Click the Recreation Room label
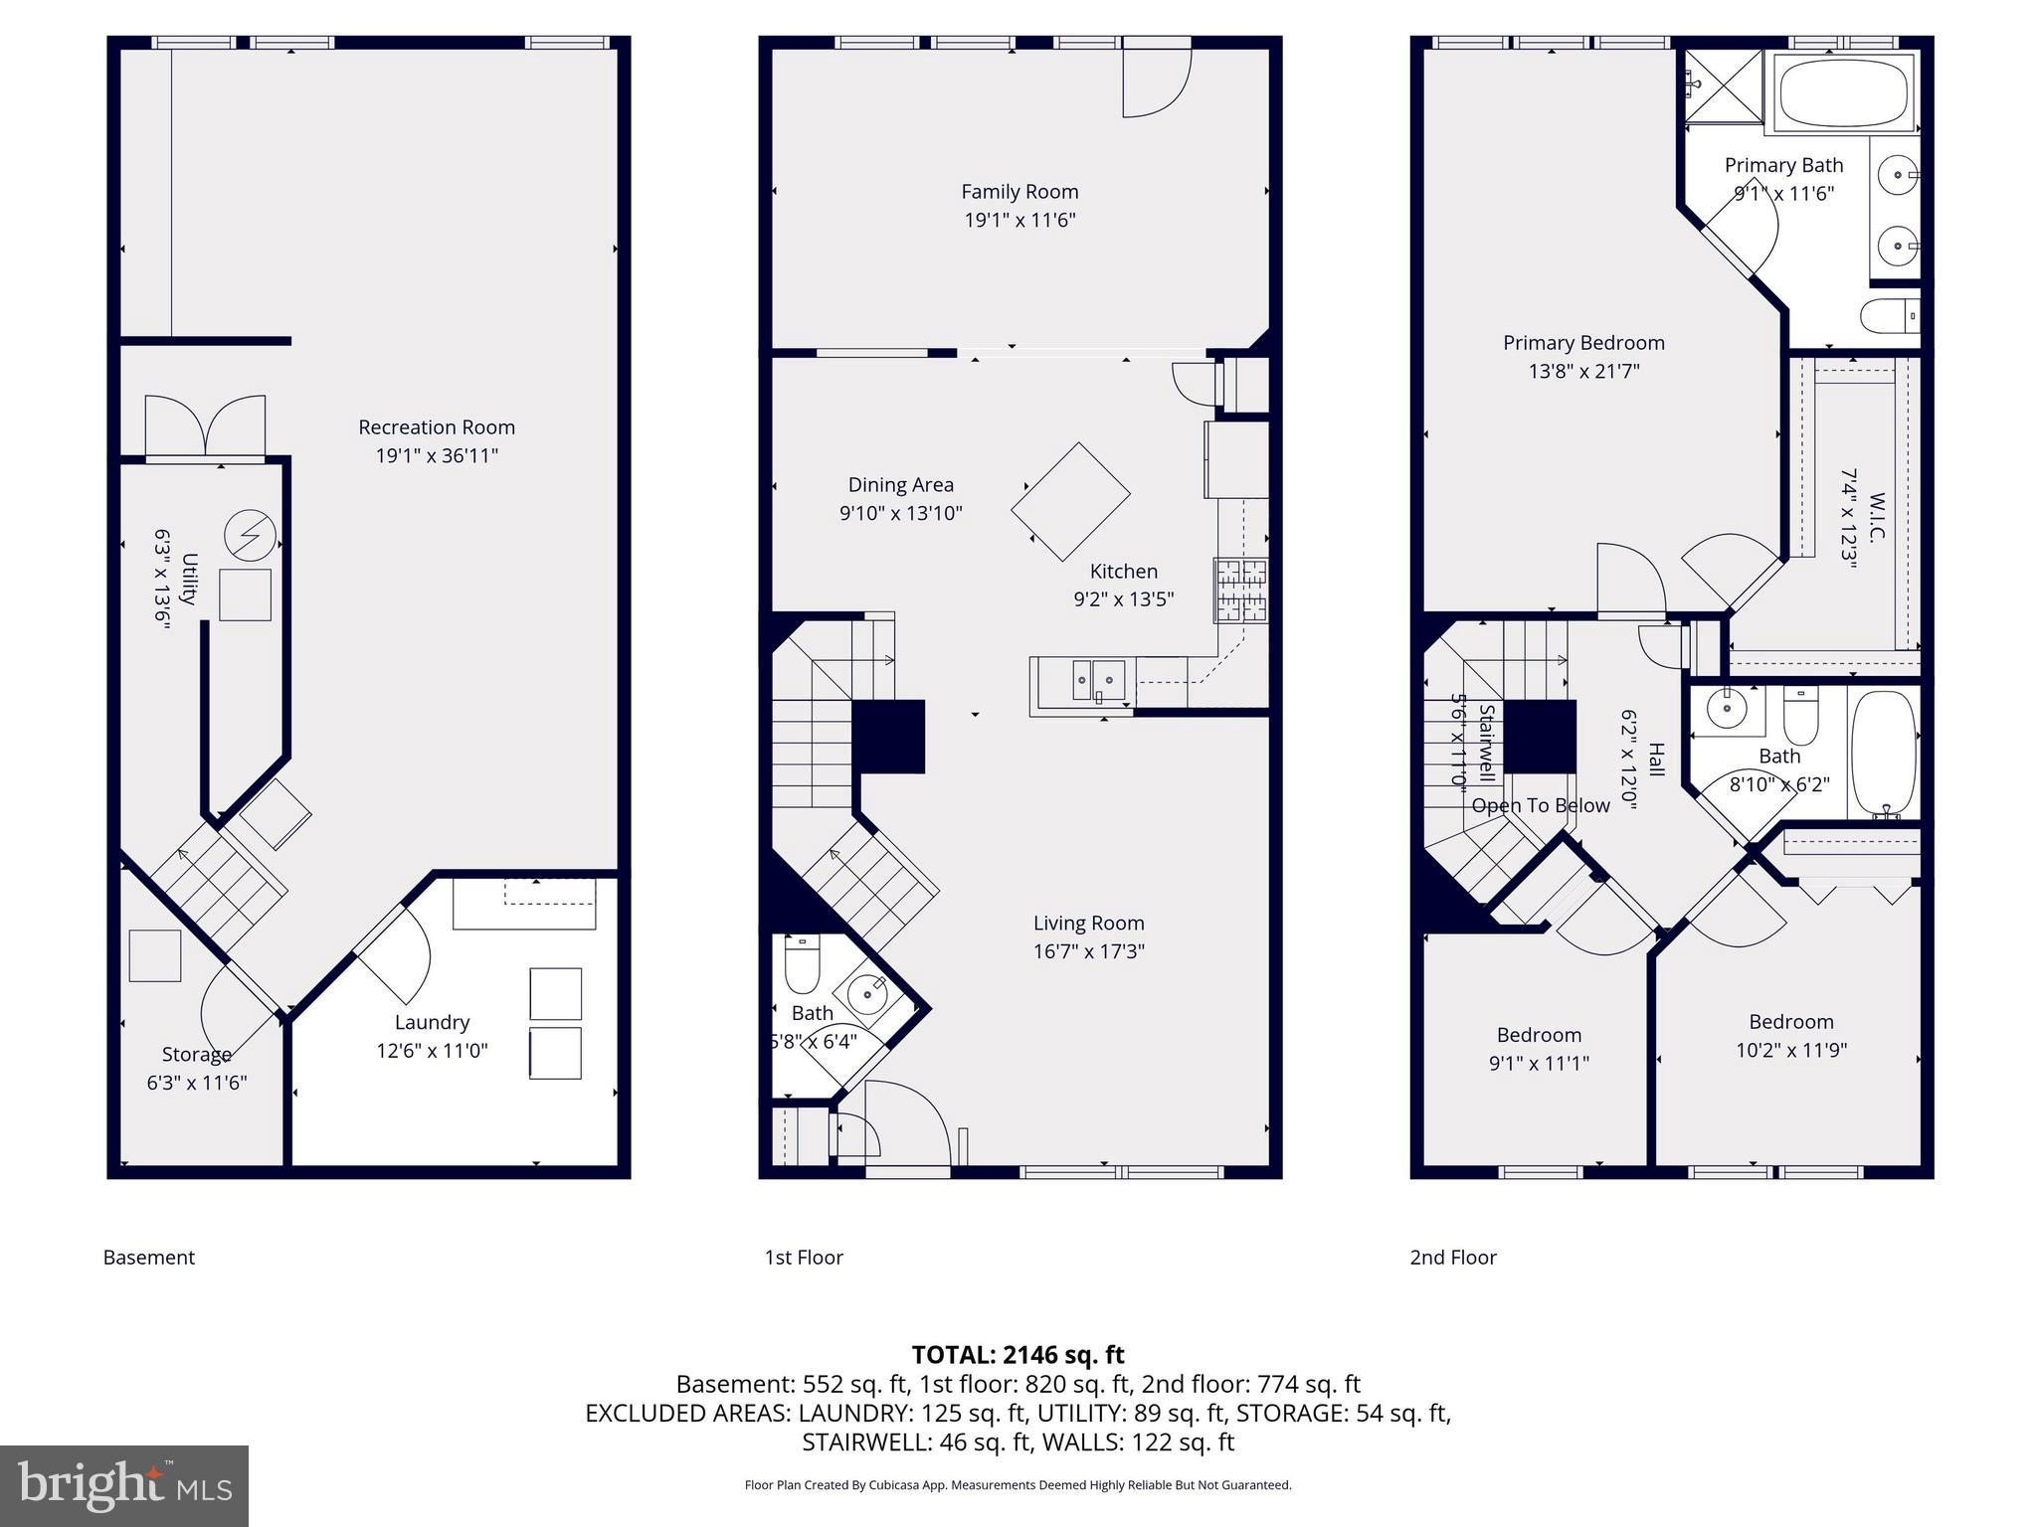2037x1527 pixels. [x=437, y=427]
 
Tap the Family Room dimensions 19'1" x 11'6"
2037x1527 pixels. [x=1019, y=220]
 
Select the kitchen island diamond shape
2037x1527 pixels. [x=1070, y=502]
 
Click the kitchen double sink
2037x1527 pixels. [x=1098, y=681]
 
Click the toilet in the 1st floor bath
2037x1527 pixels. [x=802, y=965]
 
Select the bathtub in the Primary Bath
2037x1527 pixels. [x=1843, y=91]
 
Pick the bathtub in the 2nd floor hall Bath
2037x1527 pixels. [x=1883, y=754]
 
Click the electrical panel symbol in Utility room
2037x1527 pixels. [x=250, y=537]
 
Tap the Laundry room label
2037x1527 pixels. [x=432, y=1022]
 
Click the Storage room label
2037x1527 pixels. [x=197, y=1054]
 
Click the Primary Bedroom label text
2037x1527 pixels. [x=1583, y=343]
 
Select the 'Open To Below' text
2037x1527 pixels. [x=1540, y=805]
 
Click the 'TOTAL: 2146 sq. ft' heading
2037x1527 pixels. [x=1018, y=1354]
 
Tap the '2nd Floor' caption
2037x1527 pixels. [x=1452, y=1257]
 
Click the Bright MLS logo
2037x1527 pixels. [x=124, y=1485]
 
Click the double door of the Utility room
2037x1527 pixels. [x=205, y=427]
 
